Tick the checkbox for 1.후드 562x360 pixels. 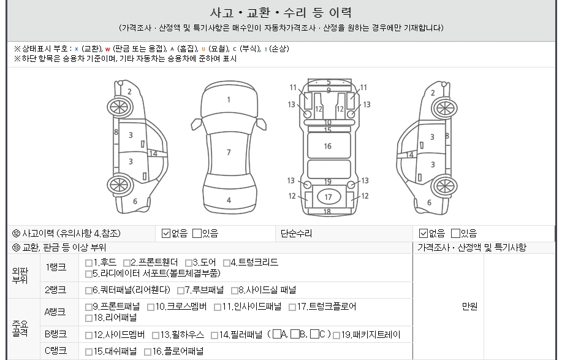point(89,263)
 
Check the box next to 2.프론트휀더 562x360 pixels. point(126,263)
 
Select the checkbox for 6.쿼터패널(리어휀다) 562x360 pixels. point(89,290)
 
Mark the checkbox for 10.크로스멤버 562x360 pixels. point(151,307)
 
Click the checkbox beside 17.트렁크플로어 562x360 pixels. point(292,307)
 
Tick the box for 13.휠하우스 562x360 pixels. point(156,335)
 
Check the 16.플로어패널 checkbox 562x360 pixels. point(148,352)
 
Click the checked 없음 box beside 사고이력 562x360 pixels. point(166,234)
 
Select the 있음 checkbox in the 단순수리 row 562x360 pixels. point(455,234)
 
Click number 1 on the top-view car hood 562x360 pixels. point(229,100)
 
